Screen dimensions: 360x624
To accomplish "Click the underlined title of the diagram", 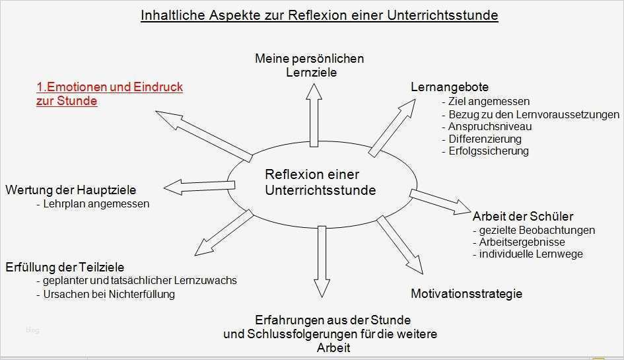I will pos(319,15).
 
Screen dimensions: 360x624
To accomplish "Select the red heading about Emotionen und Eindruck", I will pos(109,94).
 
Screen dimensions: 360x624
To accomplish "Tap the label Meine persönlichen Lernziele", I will pos(309,65).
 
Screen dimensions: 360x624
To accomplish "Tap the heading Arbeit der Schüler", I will pos(523,216).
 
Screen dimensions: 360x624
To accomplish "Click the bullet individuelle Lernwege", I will pos(531,254).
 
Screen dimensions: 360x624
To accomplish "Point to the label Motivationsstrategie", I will pos(466,293).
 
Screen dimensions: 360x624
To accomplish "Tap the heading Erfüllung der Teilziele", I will pos(64,268).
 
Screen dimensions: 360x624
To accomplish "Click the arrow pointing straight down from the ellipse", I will pos(322,261).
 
